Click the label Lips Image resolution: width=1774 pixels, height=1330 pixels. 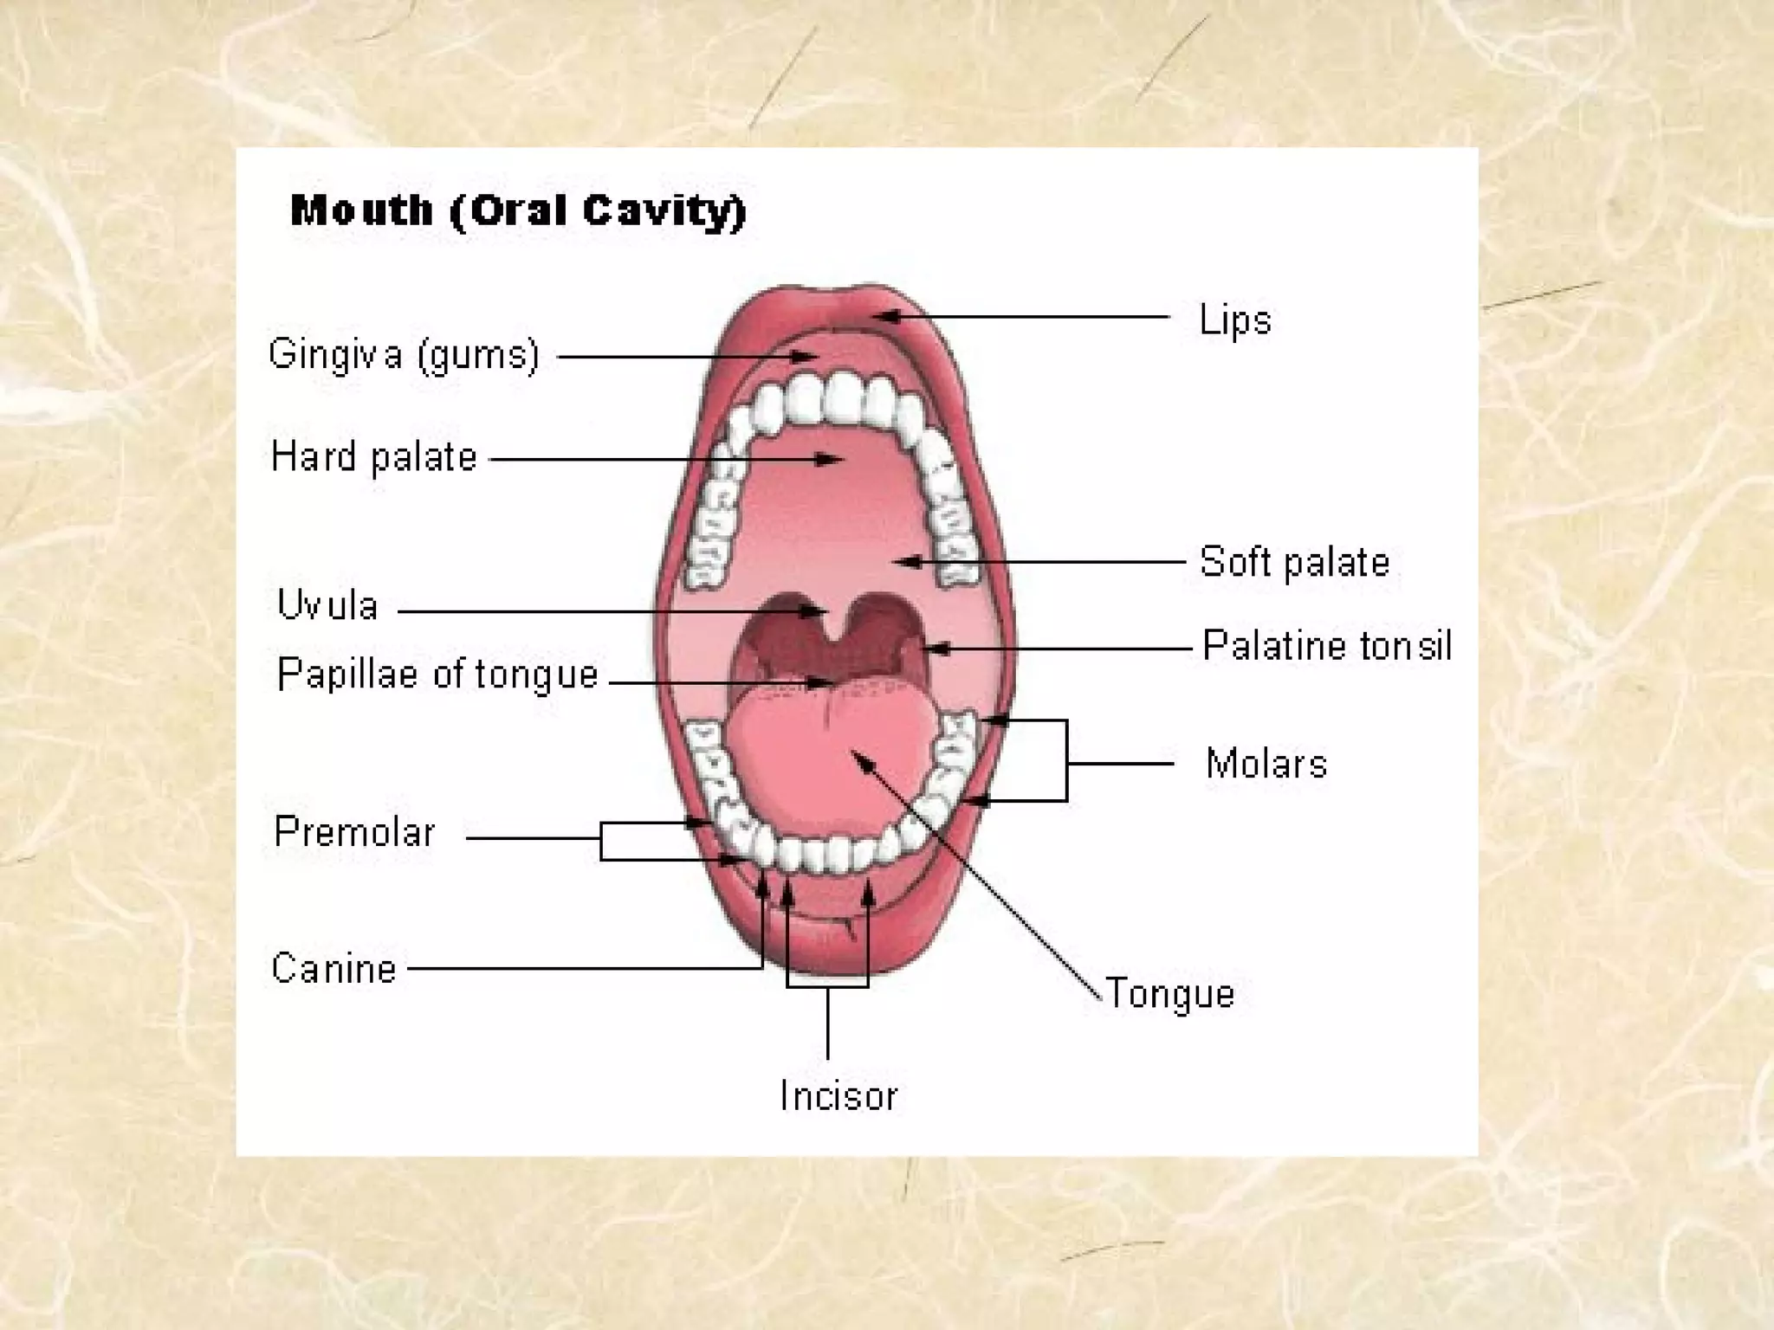[1234, 320]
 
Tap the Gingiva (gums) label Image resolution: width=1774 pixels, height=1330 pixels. [404, 355]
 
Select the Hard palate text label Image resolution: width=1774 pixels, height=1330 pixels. [373, 457]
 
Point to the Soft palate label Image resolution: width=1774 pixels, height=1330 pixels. [1294, 562]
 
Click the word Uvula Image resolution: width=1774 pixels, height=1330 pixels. [327, 605]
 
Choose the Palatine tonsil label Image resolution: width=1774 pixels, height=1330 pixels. [1326, 646]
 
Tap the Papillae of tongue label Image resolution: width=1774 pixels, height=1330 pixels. [437, 675]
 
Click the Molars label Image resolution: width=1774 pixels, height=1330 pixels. [1266, 764]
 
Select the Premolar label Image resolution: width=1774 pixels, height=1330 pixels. [354, 832]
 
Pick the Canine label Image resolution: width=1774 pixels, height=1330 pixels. [333, 968]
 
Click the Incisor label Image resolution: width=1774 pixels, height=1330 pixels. [838, 1096]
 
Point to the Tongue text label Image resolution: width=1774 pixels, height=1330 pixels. [1169, 993]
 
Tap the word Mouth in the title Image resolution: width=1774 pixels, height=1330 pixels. [361, 210]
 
